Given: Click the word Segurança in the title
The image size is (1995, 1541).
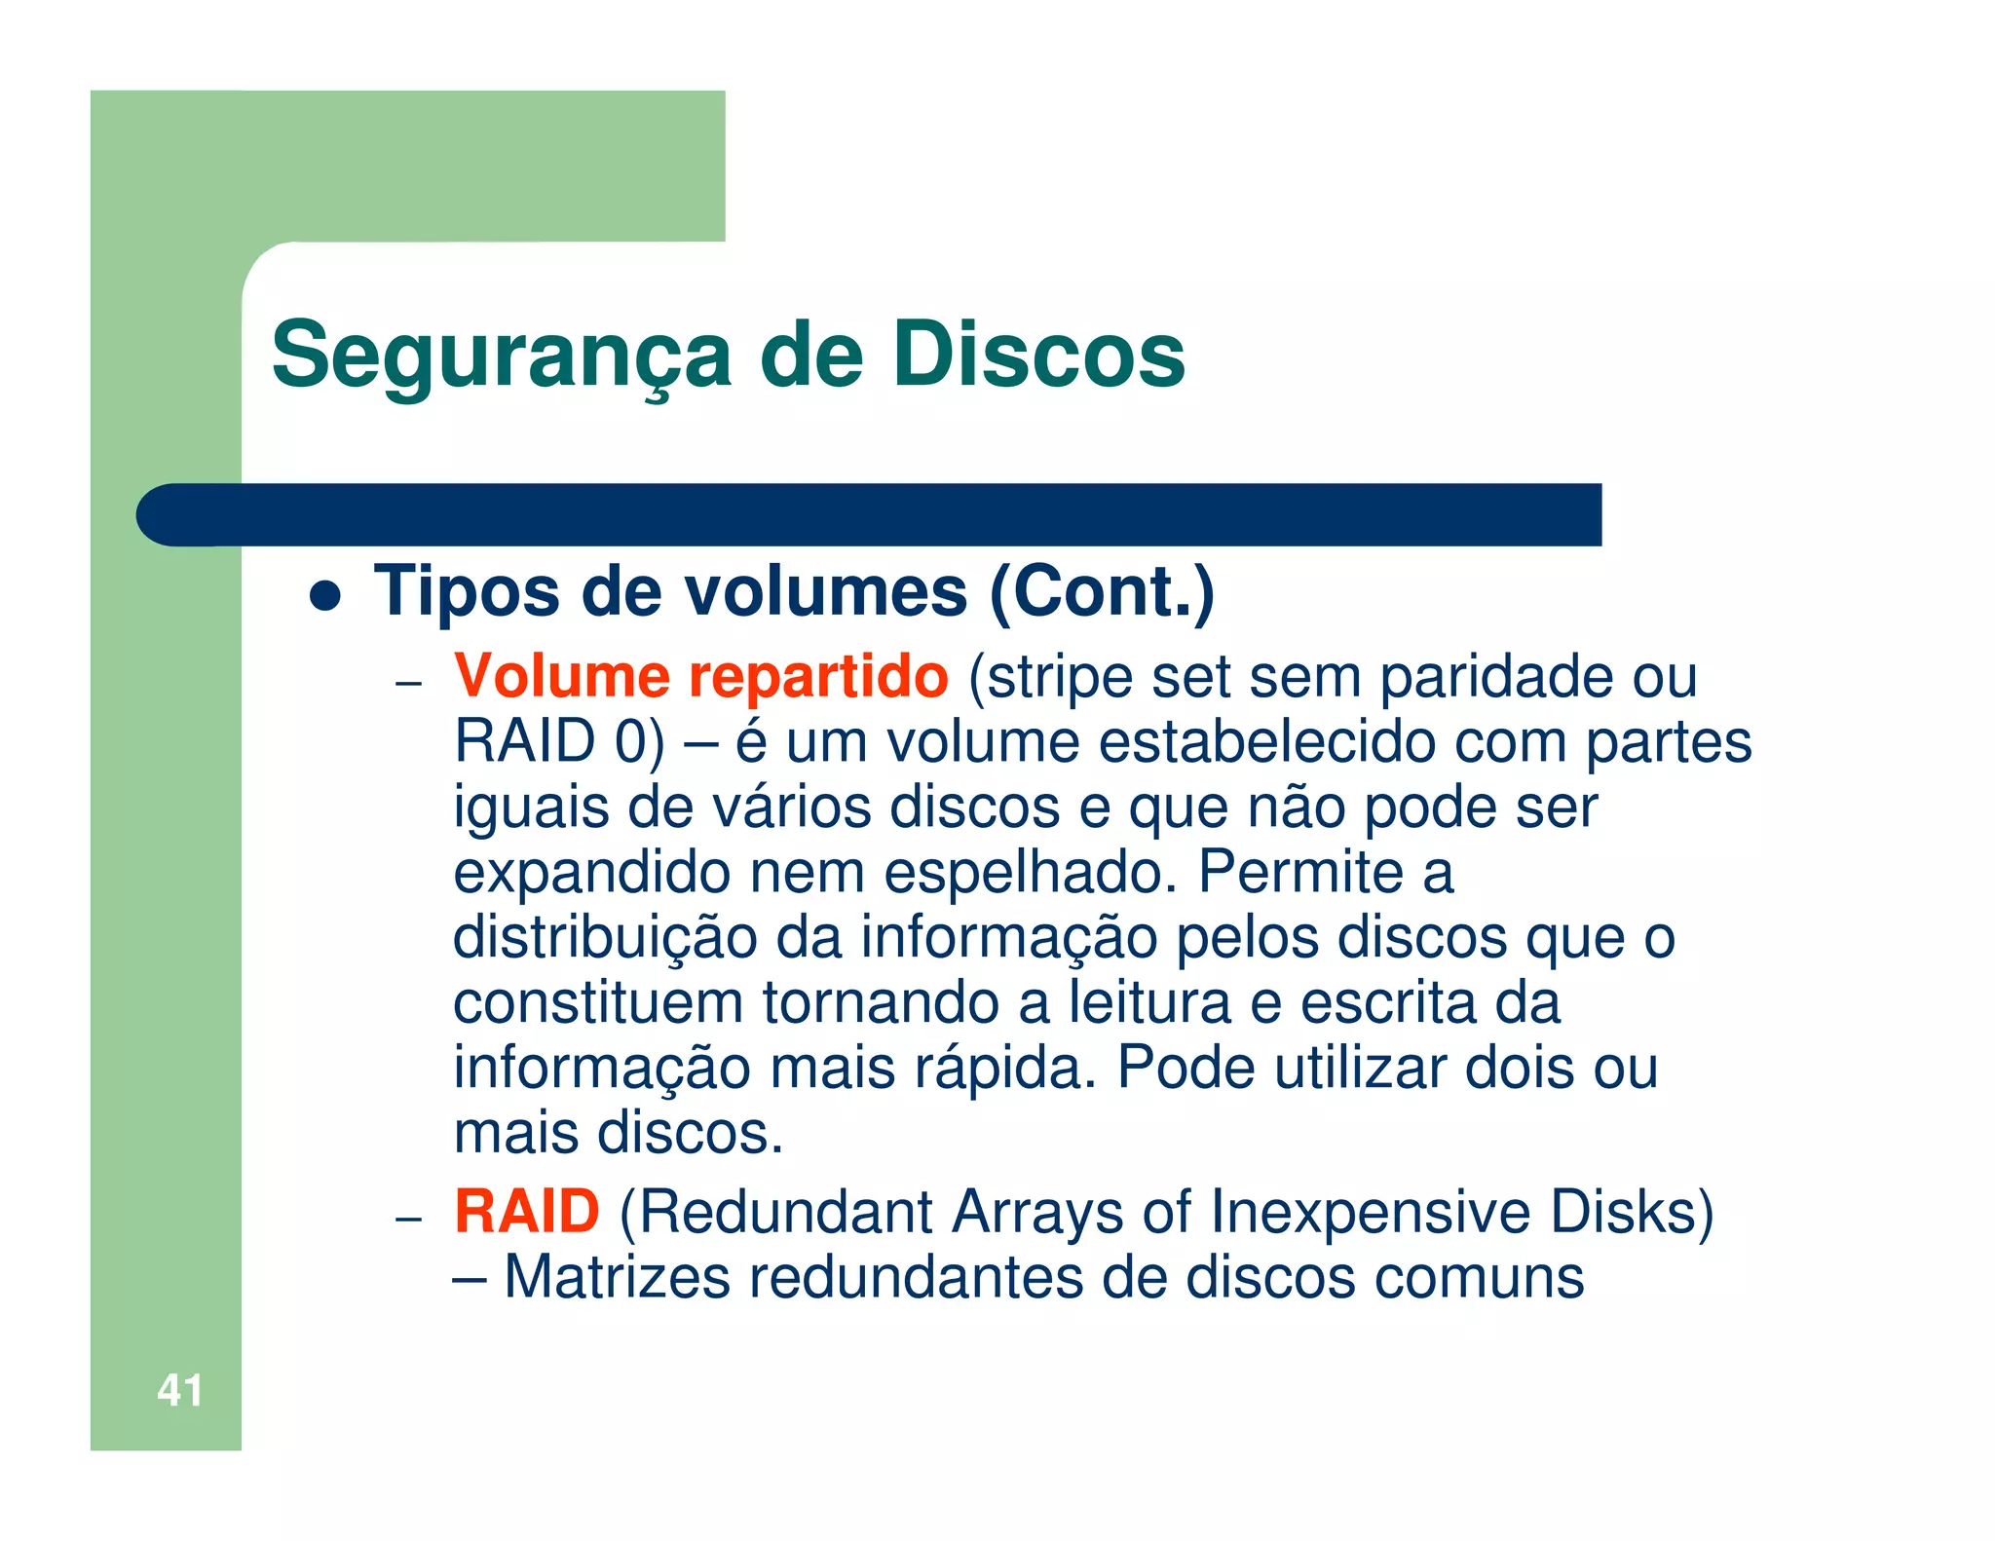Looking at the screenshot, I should [x=501, y=356].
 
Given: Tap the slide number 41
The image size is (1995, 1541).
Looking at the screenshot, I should [x=180, y=1390].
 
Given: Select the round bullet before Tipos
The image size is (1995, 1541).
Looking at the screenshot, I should [x=325, y=595].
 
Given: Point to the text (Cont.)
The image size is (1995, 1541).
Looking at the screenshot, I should [x=1102, y=591].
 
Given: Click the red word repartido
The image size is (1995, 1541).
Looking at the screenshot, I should [x=818, y=676].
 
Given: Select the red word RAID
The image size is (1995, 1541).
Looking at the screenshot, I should [x=526, y=1212].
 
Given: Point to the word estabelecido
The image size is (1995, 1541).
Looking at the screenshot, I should [x=1267, y=741].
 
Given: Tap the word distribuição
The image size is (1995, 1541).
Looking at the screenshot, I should [x=605, y=937].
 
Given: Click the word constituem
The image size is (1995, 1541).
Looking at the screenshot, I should [x=597, y=1002].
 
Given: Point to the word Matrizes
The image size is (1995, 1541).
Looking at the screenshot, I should [x=617, y=1277].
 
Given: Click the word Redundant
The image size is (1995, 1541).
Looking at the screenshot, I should [x=775, y=1212].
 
